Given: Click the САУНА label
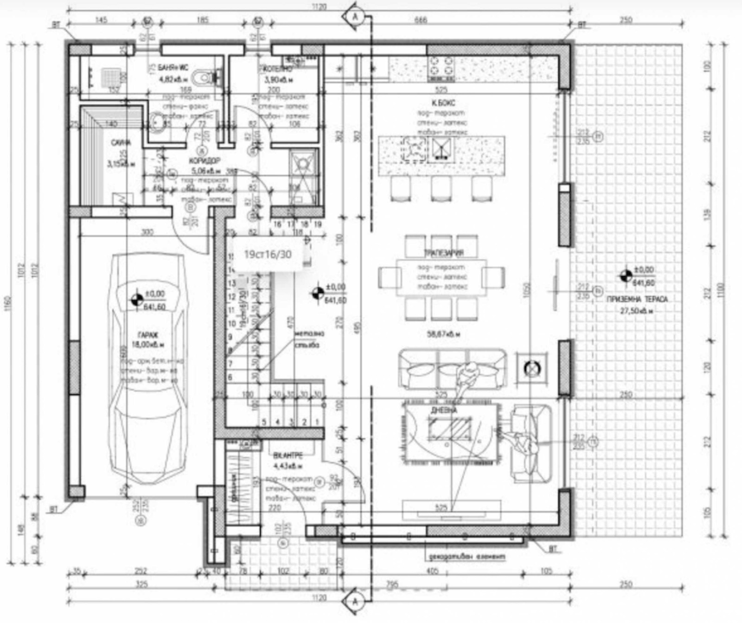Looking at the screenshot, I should pos(120,143).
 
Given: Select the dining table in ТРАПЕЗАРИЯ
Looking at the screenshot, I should pos(441,277).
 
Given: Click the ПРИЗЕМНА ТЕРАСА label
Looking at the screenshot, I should pos(637,300).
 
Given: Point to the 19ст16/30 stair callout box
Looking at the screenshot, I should pos(268,254).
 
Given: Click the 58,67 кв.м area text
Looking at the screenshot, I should pos(443,334).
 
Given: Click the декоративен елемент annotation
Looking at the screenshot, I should pos(467,556).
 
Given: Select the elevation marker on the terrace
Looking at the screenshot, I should pos(626,276).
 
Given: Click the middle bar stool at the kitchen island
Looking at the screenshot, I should pos(441,188).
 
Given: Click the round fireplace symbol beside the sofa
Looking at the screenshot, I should pos(532,369).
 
